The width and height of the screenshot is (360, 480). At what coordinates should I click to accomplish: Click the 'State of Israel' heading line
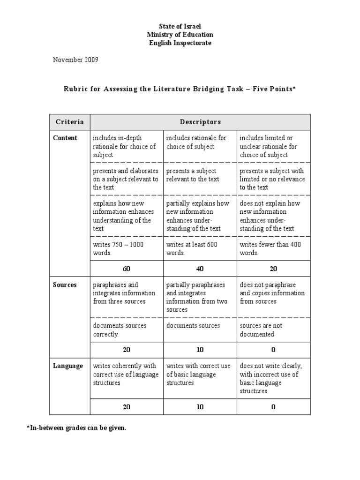[180, 26]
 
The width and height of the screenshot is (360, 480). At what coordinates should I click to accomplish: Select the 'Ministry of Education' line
[180, 35]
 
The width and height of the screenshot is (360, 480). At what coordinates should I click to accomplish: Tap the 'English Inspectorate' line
[180, 43]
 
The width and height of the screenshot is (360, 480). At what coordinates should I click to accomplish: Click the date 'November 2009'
[75, 60]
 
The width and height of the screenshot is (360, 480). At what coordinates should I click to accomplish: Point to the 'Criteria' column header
[70, 122]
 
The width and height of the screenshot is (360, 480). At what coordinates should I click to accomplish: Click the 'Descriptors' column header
[200, 122]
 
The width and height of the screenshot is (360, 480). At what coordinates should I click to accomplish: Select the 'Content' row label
[65, 138]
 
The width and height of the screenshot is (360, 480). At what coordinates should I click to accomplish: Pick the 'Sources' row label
[65, 285]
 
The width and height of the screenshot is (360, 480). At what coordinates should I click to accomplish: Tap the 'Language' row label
[68, 366]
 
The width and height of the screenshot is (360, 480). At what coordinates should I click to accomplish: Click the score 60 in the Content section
[127, 269]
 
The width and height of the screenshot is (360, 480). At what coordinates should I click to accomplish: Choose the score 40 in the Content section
[200, 269]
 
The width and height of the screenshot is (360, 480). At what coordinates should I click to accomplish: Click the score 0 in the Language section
[273, 407]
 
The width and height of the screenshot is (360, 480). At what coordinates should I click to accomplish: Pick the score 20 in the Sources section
[127, 350]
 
